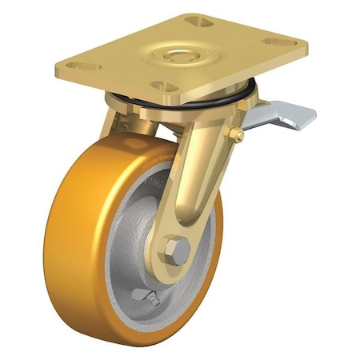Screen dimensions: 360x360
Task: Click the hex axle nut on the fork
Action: tap(178, 250)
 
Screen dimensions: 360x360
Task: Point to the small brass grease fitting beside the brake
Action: tap(237, 136)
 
